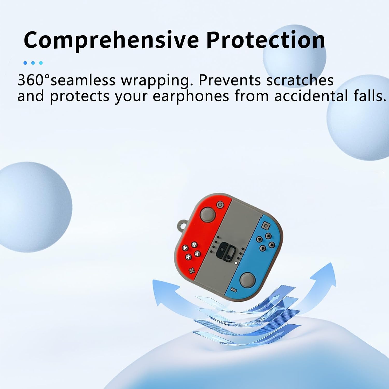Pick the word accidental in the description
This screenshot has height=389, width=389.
(311, 96)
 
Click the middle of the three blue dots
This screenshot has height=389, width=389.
(33, 63)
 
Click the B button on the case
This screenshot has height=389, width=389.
(194, 244)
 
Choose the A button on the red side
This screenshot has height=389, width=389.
(185, 248)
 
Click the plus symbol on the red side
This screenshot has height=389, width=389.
(192, 271)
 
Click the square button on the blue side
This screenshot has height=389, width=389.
(265, 226)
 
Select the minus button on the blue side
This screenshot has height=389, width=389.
(234, 289)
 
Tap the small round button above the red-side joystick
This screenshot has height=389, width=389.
(220, 205)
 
